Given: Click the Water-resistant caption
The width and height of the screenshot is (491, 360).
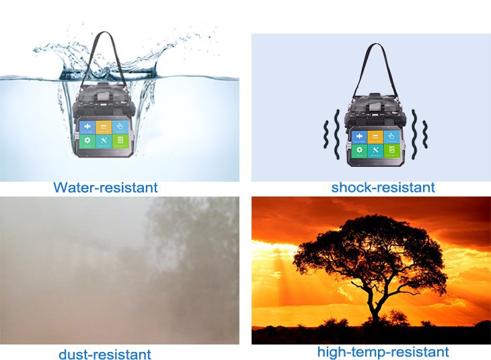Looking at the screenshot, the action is [106, 187].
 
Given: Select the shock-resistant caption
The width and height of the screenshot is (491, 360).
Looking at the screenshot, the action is [383, 187].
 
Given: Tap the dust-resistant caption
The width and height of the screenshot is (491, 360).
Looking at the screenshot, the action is [105, 355].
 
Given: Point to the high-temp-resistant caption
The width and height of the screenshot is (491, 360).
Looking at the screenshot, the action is [383, 351].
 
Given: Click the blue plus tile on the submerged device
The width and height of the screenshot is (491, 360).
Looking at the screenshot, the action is [87, 127].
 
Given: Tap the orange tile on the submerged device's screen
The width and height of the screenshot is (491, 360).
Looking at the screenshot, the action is [104, 127].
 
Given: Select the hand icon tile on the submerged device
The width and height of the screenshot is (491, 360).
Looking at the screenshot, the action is [120, 127].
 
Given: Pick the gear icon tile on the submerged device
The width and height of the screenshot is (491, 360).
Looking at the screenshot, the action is [87, 141].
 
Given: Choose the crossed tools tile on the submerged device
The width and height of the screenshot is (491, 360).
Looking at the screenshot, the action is [104, 141].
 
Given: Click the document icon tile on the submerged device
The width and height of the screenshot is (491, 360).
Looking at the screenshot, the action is [120, 141].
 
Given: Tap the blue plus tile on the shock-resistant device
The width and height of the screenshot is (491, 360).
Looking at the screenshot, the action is [359, 137].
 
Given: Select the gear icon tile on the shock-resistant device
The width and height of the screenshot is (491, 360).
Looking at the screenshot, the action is [359, 151].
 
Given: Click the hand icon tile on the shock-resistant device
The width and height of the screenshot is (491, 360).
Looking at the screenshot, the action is [391, 137].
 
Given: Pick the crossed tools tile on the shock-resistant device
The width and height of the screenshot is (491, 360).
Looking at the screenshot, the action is [375, 151].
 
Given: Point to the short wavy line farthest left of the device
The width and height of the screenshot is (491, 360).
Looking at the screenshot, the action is [326, 134].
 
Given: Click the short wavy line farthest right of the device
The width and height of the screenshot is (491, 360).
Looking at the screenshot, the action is [425, 134].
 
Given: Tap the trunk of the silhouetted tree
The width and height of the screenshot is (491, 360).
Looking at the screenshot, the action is [373, 309].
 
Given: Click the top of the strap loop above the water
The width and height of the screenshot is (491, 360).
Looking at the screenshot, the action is [105, 32].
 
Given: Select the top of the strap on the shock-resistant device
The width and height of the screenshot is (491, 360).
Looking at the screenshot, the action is [375, 45].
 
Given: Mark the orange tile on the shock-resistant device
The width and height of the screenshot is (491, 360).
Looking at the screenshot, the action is [375, 137].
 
